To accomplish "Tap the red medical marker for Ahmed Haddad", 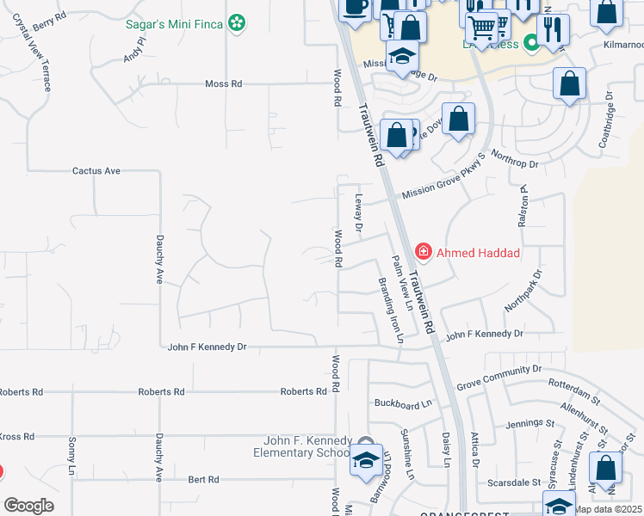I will coord(423,252).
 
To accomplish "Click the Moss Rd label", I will coord(223,84).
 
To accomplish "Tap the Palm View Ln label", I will coord(402,284).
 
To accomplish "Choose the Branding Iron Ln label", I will coord(389,310).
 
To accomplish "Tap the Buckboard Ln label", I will coord(402,403).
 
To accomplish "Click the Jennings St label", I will coord(530,422).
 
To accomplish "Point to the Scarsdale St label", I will coord(517,482).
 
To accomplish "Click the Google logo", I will coord(28,505).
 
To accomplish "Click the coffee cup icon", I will coord(354,7).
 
